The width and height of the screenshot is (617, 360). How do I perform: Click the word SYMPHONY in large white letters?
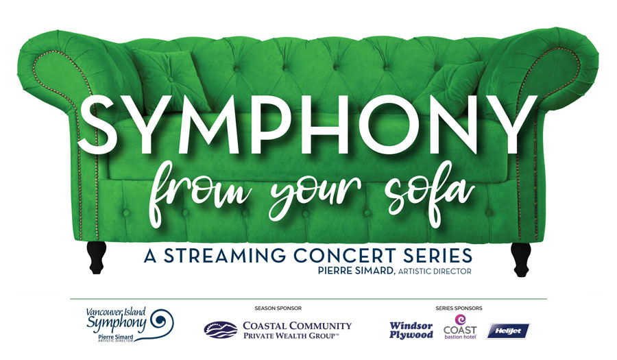tap(308, 124)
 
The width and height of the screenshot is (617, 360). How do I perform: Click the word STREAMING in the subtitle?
tap(225, 256)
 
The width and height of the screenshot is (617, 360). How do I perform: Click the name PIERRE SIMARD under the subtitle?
tap(356, 271)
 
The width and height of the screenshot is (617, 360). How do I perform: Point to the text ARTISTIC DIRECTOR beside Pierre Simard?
tap(435, 271)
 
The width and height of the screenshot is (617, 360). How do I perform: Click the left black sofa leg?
tap(97, 257)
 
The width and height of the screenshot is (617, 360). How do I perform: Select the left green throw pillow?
tap(171, 81)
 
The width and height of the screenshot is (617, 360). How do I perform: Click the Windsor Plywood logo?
tap(411, 331)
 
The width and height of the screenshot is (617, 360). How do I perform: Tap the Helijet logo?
tap(508, 331)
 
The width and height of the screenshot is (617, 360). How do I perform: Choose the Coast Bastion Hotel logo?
tap(460, 327)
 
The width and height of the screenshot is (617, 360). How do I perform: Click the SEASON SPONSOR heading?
tap(278, 308)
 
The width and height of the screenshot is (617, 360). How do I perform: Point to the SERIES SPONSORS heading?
tap(459, 308)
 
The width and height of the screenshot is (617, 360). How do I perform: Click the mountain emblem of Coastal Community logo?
tap(221, 330)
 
